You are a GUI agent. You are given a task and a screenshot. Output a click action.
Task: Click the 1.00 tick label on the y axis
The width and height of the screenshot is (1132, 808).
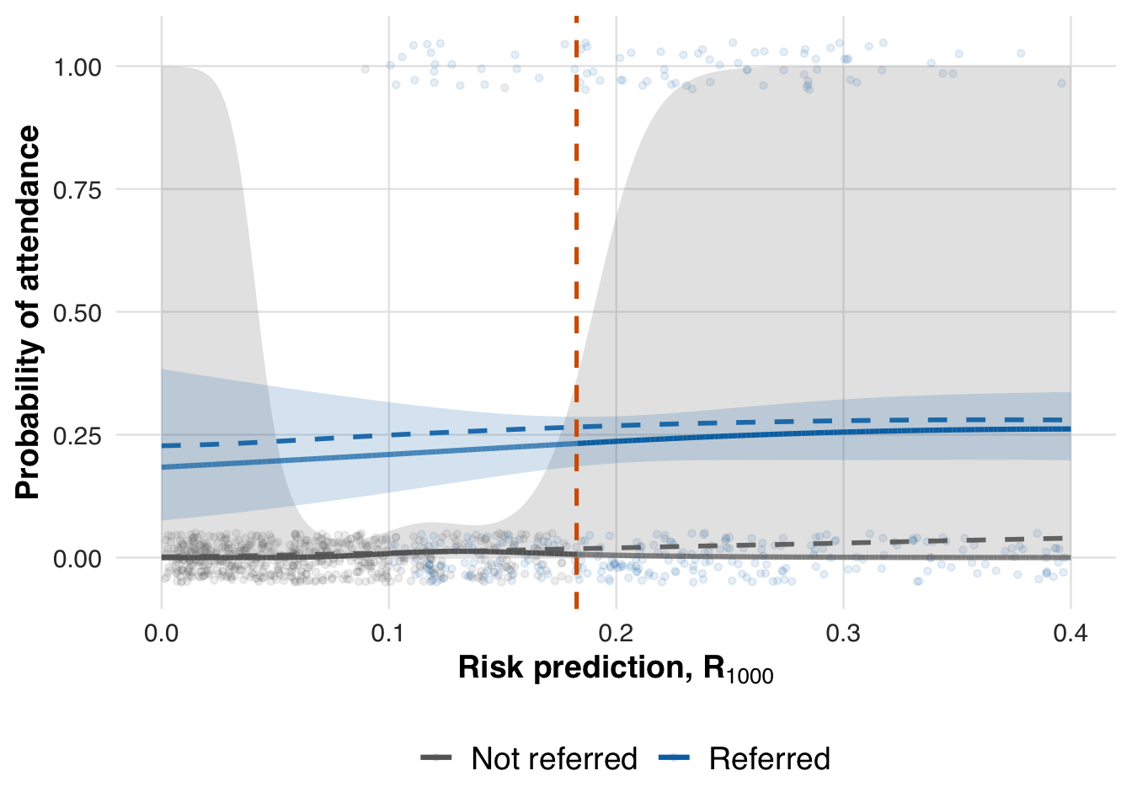(x=77, y=67)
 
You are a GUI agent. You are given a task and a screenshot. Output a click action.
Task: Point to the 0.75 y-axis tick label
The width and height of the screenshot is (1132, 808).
(x=77, y=190)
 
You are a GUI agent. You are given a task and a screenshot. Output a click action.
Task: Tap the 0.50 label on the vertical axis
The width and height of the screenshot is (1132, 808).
(x=77, y=313)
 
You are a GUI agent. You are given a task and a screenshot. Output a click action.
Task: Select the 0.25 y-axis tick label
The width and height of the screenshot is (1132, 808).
(x=77, y=436)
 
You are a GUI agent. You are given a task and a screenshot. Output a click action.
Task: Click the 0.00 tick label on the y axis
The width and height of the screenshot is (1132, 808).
(x=77, y=559)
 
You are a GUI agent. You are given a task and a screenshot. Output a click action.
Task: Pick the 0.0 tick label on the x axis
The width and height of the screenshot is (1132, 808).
(x=162, y=633)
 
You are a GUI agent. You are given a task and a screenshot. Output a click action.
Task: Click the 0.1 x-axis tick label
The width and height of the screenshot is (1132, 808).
(x=388, y=633)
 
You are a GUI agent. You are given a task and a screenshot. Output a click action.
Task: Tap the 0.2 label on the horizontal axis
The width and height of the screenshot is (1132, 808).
(x=616, y=633)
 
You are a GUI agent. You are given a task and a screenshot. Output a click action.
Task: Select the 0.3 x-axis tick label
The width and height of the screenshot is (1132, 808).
(x=843, y=633)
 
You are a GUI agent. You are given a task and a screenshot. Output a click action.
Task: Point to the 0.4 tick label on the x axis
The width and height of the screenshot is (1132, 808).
(x=1070, y=633)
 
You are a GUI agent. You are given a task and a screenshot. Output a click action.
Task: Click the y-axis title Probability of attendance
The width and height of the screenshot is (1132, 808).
(x=28, y=312)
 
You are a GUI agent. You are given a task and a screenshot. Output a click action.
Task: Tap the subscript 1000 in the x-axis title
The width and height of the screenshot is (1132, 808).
(x=750, y=676)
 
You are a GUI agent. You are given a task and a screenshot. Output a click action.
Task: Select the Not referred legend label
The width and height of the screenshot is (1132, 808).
(x=554, y=759)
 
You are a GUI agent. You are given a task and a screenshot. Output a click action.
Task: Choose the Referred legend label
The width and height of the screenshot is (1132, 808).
(x=769, y=759)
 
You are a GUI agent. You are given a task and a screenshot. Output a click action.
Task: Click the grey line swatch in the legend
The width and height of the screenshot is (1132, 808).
(x=437, y=759)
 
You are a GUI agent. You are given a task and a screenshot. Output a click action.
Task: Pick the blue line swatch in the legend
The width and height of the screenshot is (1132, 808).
(x=674, y=759)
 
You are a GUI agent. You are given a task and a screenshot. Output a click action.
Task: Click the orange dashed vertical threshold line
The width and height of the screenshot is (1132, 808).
(x=577, y=252)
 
